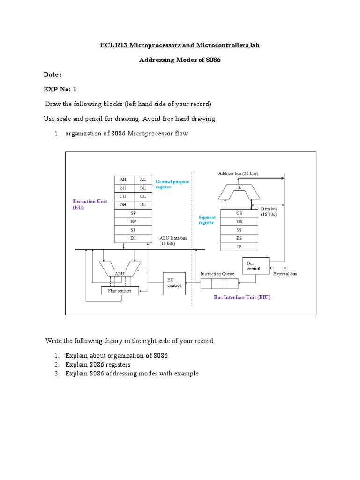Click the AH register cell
point(124,180)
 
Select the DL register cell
point(143,205)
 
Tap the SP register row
point(134,213)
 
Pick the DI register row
point(134,239)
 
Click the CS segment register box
point(239,212)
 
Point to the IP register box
point(239,247)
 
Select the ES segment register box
point(239,238)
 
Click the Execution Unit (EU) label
point(90,204)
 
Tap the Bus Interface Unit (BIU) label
point(242,297)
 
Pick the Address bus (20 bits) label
point(238,173)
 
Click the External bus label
point(285,273)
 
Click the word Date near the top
point(51,75)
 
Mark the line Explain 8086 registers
point(98,364)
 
